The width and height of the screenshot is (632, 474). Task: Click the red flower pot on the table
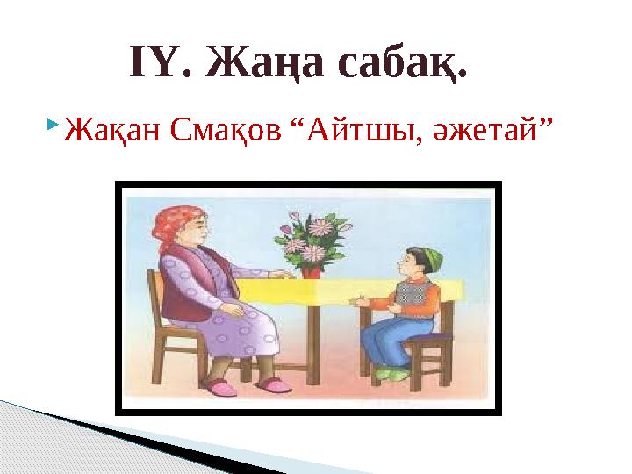(x=311, y=270)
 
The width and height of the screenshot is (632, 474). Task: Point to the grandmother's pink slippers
(x=246, y=384)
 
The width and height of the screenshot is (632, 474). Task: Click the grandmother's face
(x=195, y=233)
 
